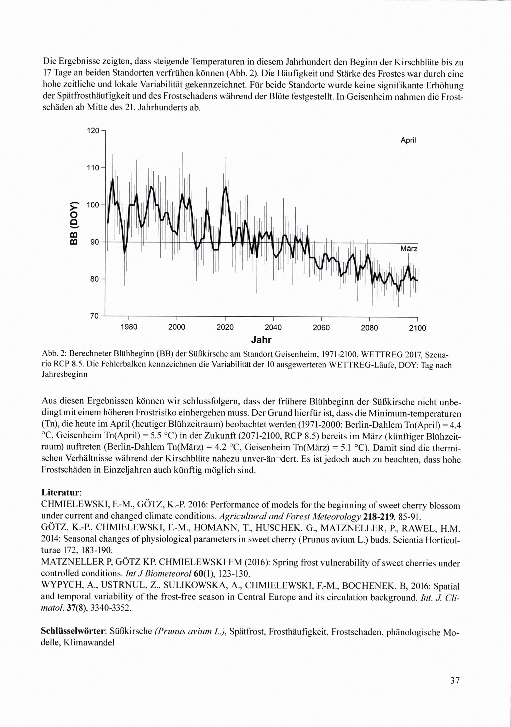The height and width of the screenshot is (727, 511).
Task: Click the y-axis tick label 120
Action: click(x=93, y=130)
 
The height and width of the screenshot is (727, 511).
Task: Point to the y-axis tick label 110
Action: click(x=93, y=168)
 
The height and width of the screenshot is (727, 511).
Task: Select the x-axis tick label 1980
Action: click(x=129, y=328)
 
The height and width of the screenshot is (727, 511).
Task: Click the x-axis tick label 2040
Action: click(x=273, y=328)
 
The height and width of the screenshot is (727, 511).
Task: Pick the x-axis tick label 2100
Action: click(x=417, y=328)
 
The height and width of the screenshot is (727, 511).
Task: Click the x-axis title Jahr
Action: click(x=261, y=340)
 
